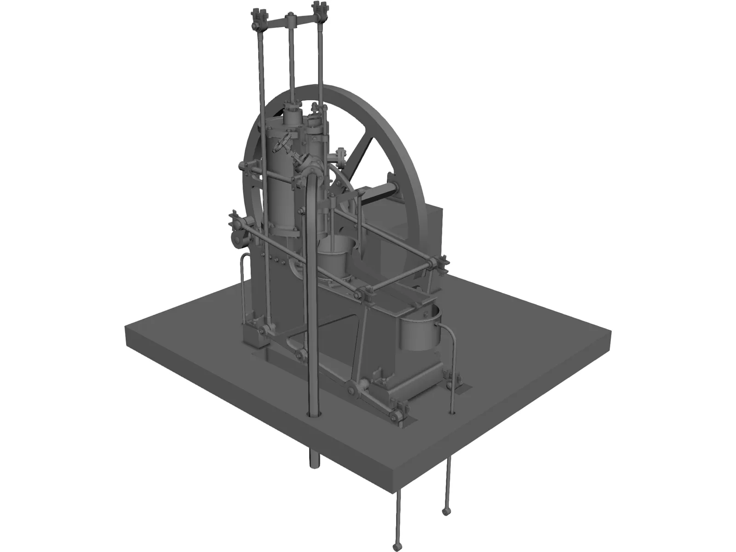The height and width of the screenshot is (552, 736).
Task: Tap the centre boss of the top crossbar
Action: pyautogui.click(x=290, y=20)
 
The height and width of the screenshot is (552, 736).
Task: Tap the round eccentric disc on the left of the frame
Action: pyautogui.click(x=238, y=239)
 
